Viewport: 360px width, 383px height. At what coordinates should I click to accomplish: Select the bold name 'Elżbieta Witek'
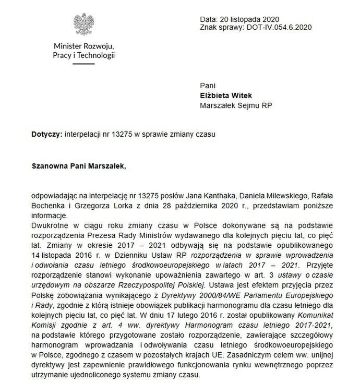pos(226,95)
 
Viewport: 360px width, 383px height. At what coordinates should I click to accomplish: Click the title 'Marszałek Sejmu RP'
pos(236,105)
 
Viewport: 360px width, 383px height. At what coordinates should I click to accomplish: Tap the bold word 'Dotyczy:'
pos(47,134)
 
